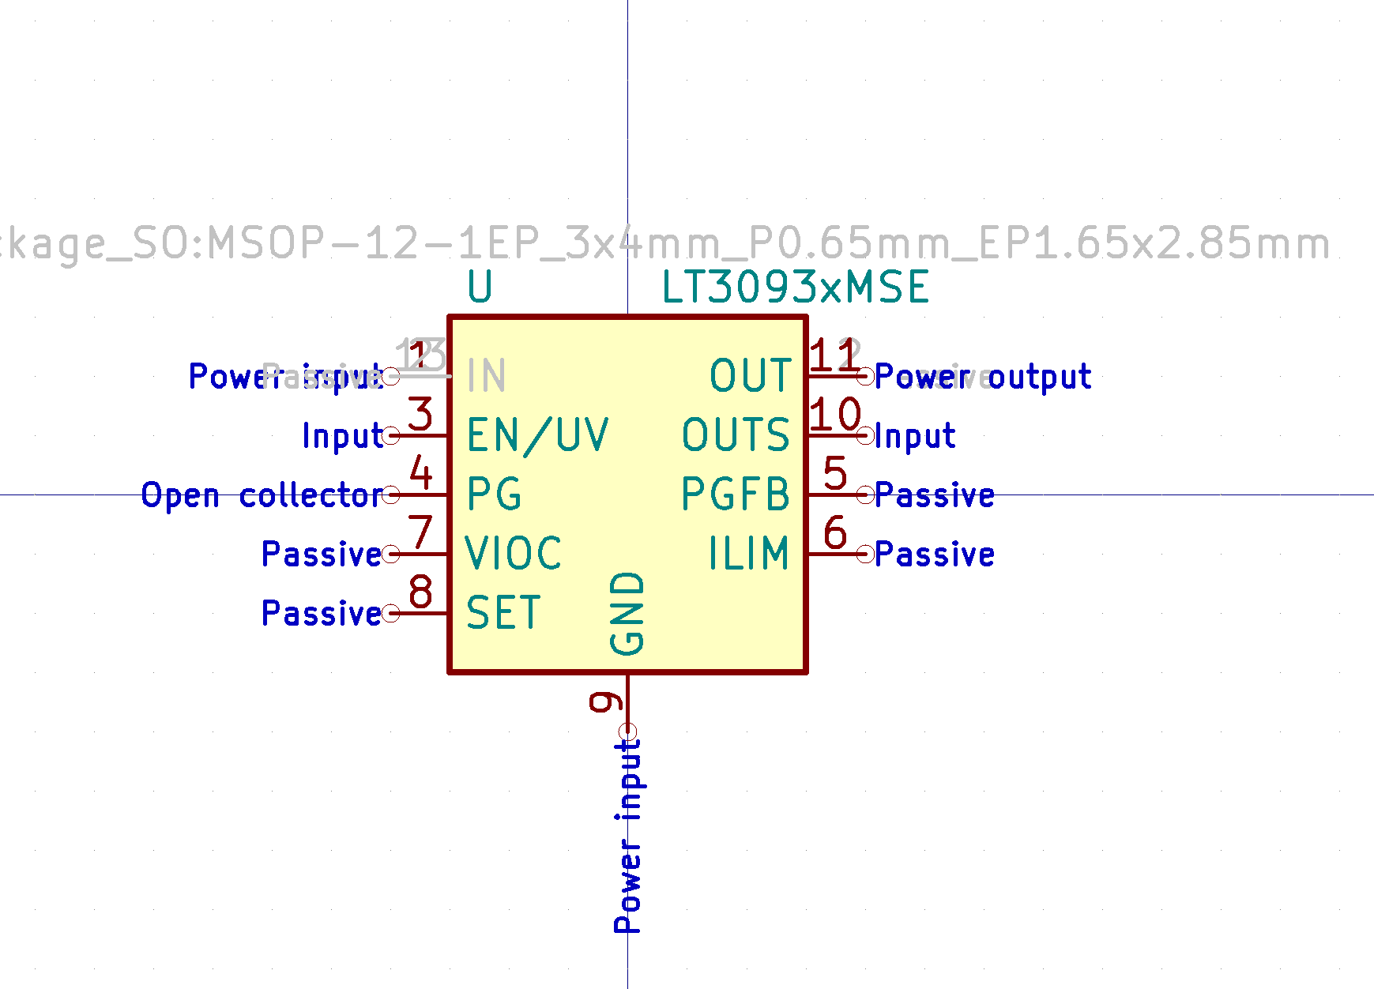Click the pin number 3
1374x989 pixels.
pos(420,414)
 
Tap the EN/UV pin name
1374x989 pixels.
pos(537,435)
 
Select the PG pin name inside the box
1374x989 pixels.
pos(494,494)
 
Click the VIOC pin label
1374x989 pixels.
pos(514,554)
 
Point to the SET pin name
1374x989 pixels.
pos(503,613)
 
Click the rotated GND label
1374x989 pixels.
pos(628,614)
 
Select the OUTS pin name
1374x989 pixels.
pos(736,435)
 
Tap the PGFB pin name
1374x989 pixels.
pos(736,494)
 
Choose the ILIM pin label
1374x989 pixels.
pos(749,554)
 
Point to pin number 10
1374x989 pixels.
pos(835,414)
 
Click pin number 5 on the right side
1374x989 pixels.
pos(835,473)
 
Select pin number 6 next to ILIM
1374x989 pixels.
pos(835,532)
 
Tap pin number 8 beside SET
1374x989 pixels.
pos(420,592)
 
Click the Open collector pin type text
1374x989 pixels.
pos(262,496)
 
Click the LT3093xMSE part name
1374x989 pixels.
pos(795,287)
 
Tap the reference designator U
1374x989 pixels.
pos(480,287)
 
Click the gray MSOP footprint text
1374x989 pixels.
pos(664,243)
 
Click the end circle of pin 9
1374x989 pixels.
pos(628,731)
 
